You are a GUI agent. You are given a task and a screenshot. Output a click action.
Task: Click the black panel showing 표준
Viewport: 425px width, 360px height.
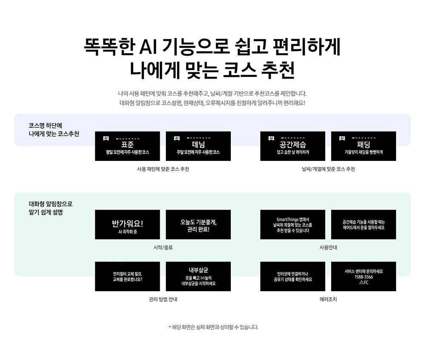(x=127, y=146)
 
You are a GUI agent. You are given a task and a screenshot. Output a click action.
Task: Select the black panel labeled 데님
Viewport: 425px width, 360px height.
(x=198, y=146)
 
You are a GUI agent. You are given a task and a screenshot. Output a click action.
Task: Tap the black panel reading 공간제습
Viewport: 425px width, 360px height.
(x=293, y=146)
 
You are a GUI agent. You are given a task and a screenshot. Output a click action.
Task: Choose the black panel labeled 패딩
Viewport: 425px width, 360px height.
(x=363, y=146)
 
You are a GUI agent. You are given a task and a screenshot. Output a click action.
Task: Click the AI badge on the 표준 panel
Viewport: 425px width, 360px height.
(x=106, y=138)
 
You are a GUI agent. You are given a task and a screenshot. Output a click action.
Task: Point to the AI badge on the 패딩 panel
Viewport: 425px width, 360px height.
(x=342, y=138)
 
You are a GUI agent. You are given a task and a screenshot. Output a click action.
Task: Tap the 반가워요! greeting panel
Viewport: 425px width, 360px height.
(x=127, y=225)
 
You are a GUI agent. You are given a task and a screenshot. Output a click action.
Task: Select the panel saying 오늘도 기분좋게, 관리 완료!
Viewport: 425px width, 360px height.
(x=198, y=225)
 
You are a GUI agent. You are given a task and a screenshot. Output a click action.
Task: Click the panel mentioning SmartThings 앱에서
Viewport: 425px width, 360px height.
(x=293, y=225)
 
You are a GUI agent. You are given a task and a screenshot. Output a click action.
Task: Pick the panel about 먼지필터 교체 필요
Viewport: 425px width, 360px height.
(x=127, y=276)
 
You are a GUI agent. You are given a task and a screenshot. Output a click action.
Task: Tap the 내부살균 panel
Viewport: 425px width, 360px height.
(x=198, y=276)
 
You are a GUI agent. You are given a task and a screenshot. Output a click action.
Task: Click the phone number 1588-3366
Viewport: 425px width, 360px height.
(x=364, y=277)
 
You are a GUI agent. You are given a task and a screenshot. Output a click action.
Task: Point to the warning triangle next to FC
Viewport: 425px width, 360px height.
(x=361, y=282)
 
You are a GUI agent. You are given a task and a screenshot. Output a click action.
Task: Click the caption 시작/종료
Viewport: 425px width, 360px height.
(x=163, y=247)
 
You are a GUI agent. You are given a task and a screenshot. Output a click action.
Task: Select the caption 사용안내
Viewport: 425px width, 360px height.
(x=328, y=247)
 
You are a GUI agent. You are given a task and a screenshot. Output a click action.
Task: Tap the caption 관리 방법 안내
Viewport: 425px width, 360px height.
(x=163, y=299)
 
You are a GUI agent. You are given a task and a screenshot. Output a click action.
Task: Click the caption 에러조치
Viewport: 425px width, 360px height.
(x=328, y=299)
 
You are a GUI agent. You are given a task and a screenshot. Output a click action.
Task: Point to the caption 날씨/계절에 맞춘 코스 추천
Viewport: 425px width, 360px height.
(x=328, y=169)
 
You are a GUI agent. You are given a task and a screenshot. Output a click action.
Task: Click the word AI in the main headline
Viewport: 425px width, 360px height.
(x=148, y=47)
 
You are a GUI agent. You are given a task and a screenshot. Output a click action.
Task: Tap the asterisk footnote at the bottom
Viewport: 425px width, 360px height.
(x=213, y=327)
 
